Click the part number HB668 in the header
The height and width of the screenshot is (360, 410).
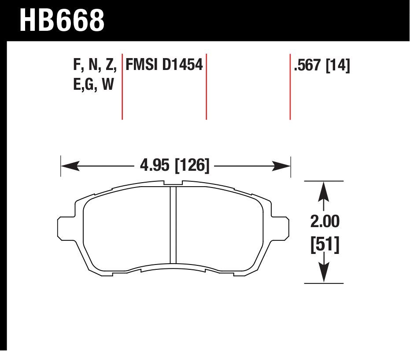pos(62,20)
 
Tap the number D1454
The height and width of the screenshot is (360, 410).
pos(182,65)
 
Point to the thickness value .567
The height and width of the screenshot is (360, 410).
pos(307,65)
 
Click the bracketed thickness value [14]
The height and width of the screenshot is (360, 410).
pos(338,65)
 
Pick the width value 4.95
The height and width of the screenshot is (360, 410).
pos(155,165)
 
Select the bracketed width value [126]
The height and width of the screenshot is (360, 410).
pos(192,165)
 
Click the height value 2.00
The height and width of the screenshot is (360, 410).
pos(325,221)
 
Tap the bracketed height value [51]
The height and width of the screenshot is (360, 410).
pos(325,245)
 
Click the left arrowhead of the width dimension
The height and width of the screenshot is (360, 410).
pos(70,166)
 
